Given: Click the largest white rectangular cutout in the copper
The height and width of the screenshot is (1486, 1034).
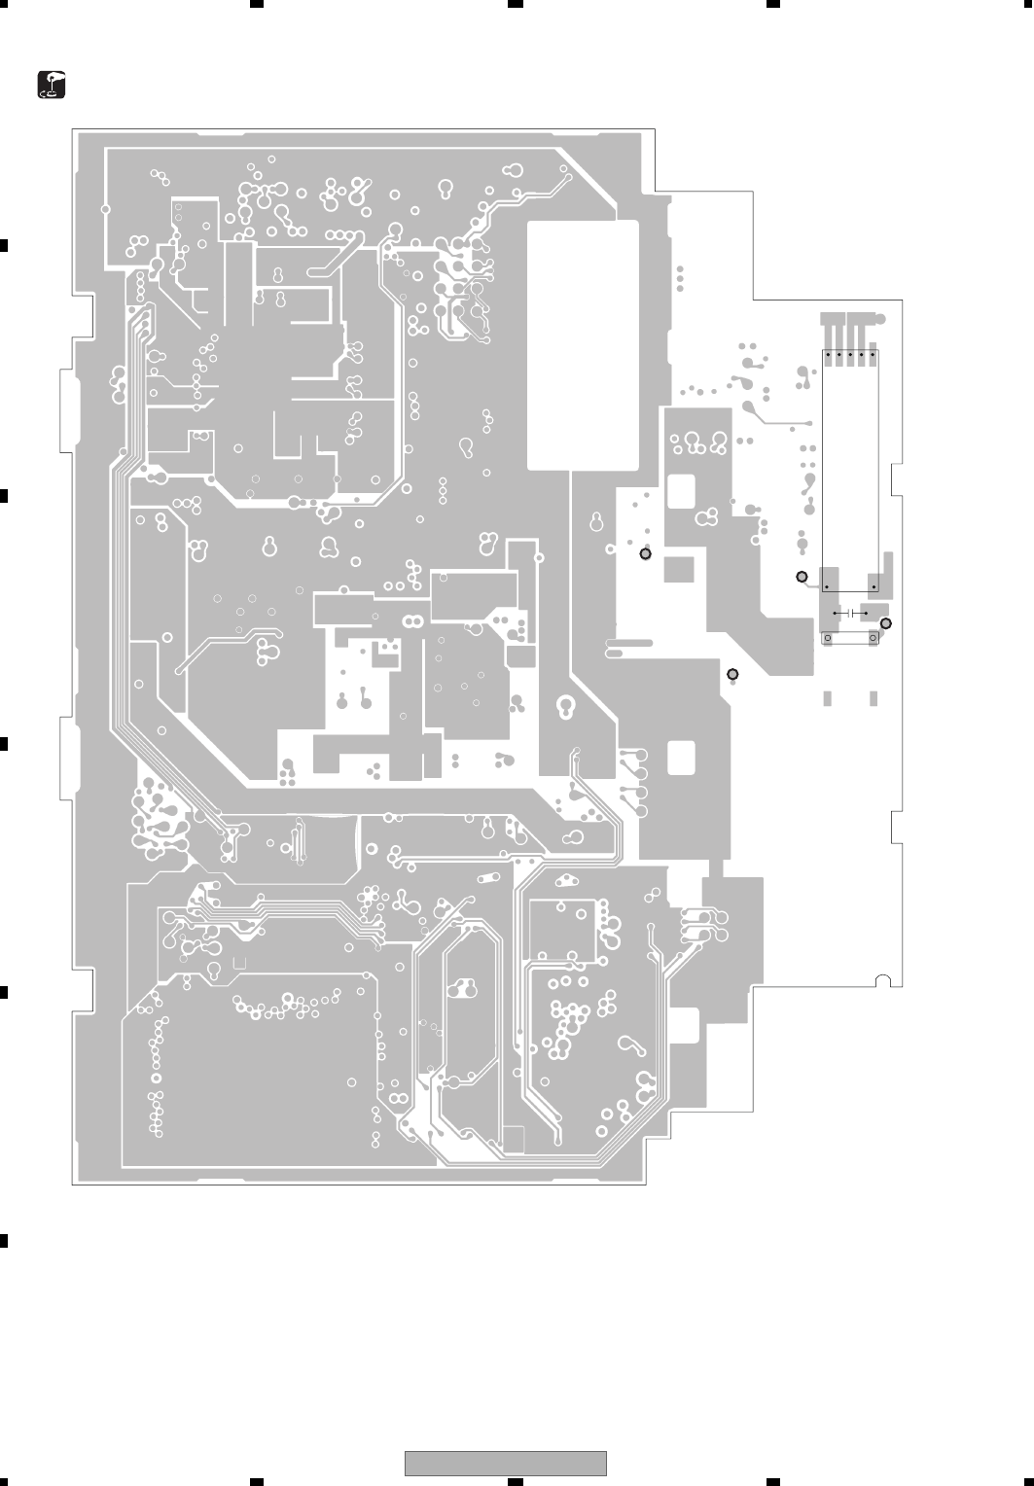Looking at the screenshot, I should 582,345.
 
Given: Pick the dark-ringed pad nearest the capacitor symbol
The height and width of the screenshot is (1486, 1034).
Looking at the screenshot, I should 885,623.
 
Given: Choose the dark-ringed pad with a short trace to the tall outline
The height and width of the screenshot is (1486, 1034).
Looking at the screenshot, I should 802,578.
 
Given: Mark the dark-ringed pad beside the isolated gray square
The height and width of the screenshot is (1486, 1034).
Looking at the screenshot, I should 645,554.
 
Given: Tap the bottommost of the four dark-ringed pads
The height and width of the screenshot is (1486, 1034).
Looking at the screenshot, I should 732,674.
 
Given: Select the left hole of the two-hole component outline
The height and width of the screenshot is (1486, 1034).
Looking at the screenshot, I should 828,638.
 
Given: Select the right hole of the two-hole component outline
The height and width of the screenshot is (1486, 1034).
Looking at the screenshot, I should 874,638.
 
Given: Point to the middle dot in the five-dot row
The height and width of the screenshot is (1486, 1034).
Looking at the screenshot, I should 851,354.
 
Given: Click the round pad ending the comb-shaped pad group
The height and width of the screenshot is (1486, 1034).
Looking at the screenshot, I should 879,319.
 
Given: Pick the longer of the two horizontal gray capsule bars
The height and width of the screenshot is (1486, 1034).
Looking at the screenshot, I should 630,643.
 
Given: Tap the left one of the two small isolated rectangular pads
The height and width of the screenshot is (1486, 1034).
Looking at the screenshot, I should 828,698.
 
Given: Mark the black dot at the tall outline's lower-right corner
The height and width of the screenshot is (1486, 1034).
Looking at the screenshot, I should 874,587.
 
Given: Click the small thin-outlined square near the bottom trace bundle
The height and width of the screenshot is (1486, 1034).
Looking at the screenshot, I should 515,1138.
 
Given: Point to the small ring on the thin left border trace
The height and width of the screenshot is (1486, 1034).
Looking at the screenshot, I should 105,208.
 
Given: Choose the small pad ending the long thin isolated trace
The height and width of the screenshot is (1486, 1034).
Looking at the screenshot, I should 808,424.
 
